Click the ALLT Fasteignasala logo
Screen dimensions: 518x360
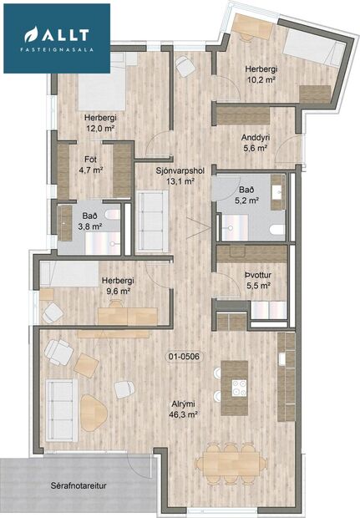pos(56,38)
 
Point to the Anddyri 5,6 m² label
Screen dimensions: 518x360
pos(254,142)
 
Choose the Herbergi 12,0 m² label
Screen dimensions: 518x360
pos(99,124)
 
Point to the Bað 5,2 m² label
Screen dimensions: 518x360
pos(247,195)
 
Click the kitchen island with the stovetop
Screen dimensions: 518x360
pos(236,388)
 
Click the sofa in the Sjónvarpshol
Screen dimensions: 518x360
pos(152,221)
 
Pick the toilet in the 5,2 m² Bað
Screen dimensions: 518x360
pos(276,228)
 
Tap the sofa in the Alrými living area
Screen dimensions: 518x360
pos(61,404)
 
